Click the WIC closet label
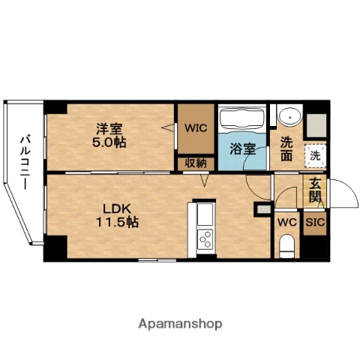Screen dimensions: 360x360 point(196,127)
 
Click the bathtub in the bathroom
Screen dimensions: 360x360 point(241,118)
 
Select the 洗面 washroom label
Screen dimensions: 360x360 point(286,148)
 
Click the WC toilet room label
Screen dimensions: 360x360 point(286,223)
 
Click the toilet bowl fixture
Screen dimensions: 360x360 point(286,245)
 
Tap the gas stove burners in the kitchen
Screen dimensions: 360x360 point(205,240)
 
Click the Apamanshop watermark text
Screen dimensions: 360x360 point(180,324)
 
